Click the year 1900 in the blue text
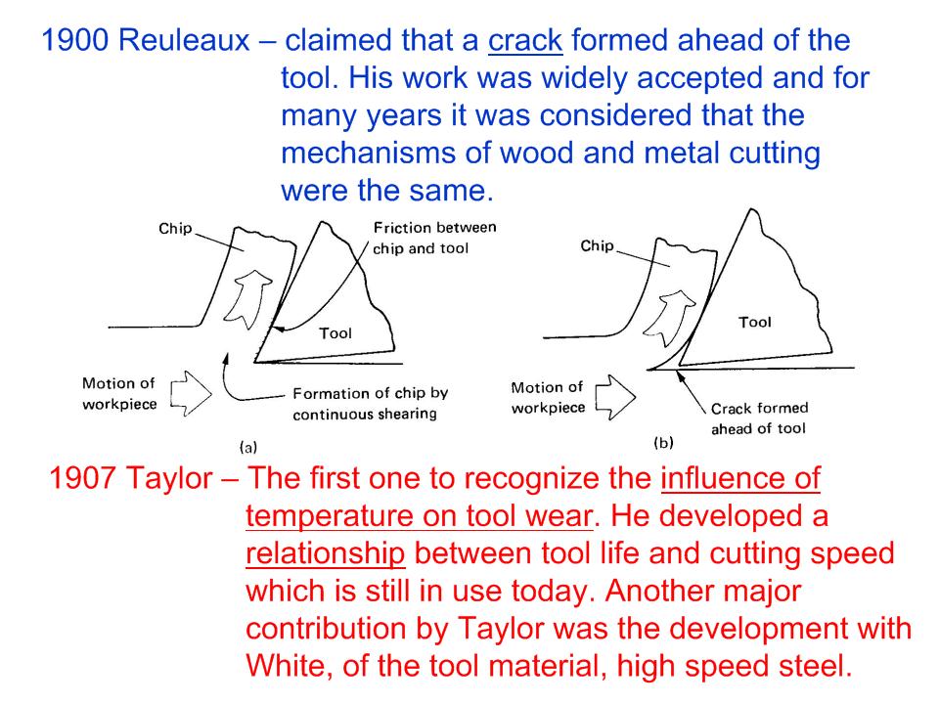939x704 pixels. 75,41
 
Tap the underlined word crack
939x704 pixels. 525,41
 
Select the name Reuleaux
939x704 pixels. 184,41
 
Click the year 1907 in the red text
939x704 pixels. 81,479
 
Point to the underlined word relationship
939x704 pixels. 325,553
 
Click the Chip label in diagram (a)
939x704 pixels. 175,229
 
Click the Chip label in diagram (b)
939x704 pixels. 597,246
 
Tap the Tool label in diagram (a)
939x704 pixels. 335,333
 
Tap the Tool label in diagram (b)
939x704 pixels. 755,322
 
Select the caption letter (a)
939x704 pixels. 247,447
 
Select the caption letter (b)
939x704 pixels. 663,443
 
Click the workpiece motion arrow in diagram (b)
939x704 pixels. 615,397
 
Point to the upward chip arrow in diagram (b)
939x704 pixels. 669,318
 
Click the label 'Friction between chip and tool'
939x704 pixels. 434,238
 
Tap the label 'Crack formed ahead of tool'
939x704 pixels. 759,418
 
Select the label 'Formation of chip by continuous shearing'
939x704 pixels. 370,404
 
